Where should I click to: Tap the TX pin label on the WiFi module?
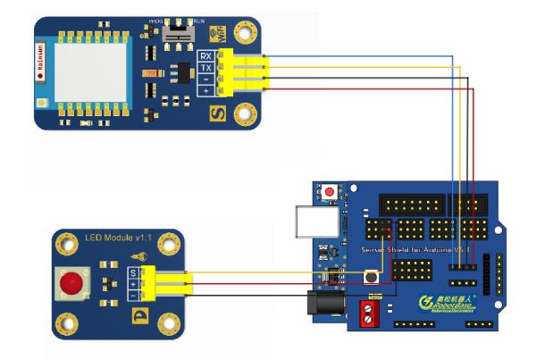coord(205,68)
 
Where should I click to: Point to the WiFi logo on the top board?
coord(215,34)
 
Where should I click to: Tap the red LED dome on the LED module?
coord(67,285)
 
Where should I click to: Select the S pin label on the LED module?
coord(132,272)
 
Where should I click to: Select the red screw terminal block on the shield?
coord(370,314)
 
